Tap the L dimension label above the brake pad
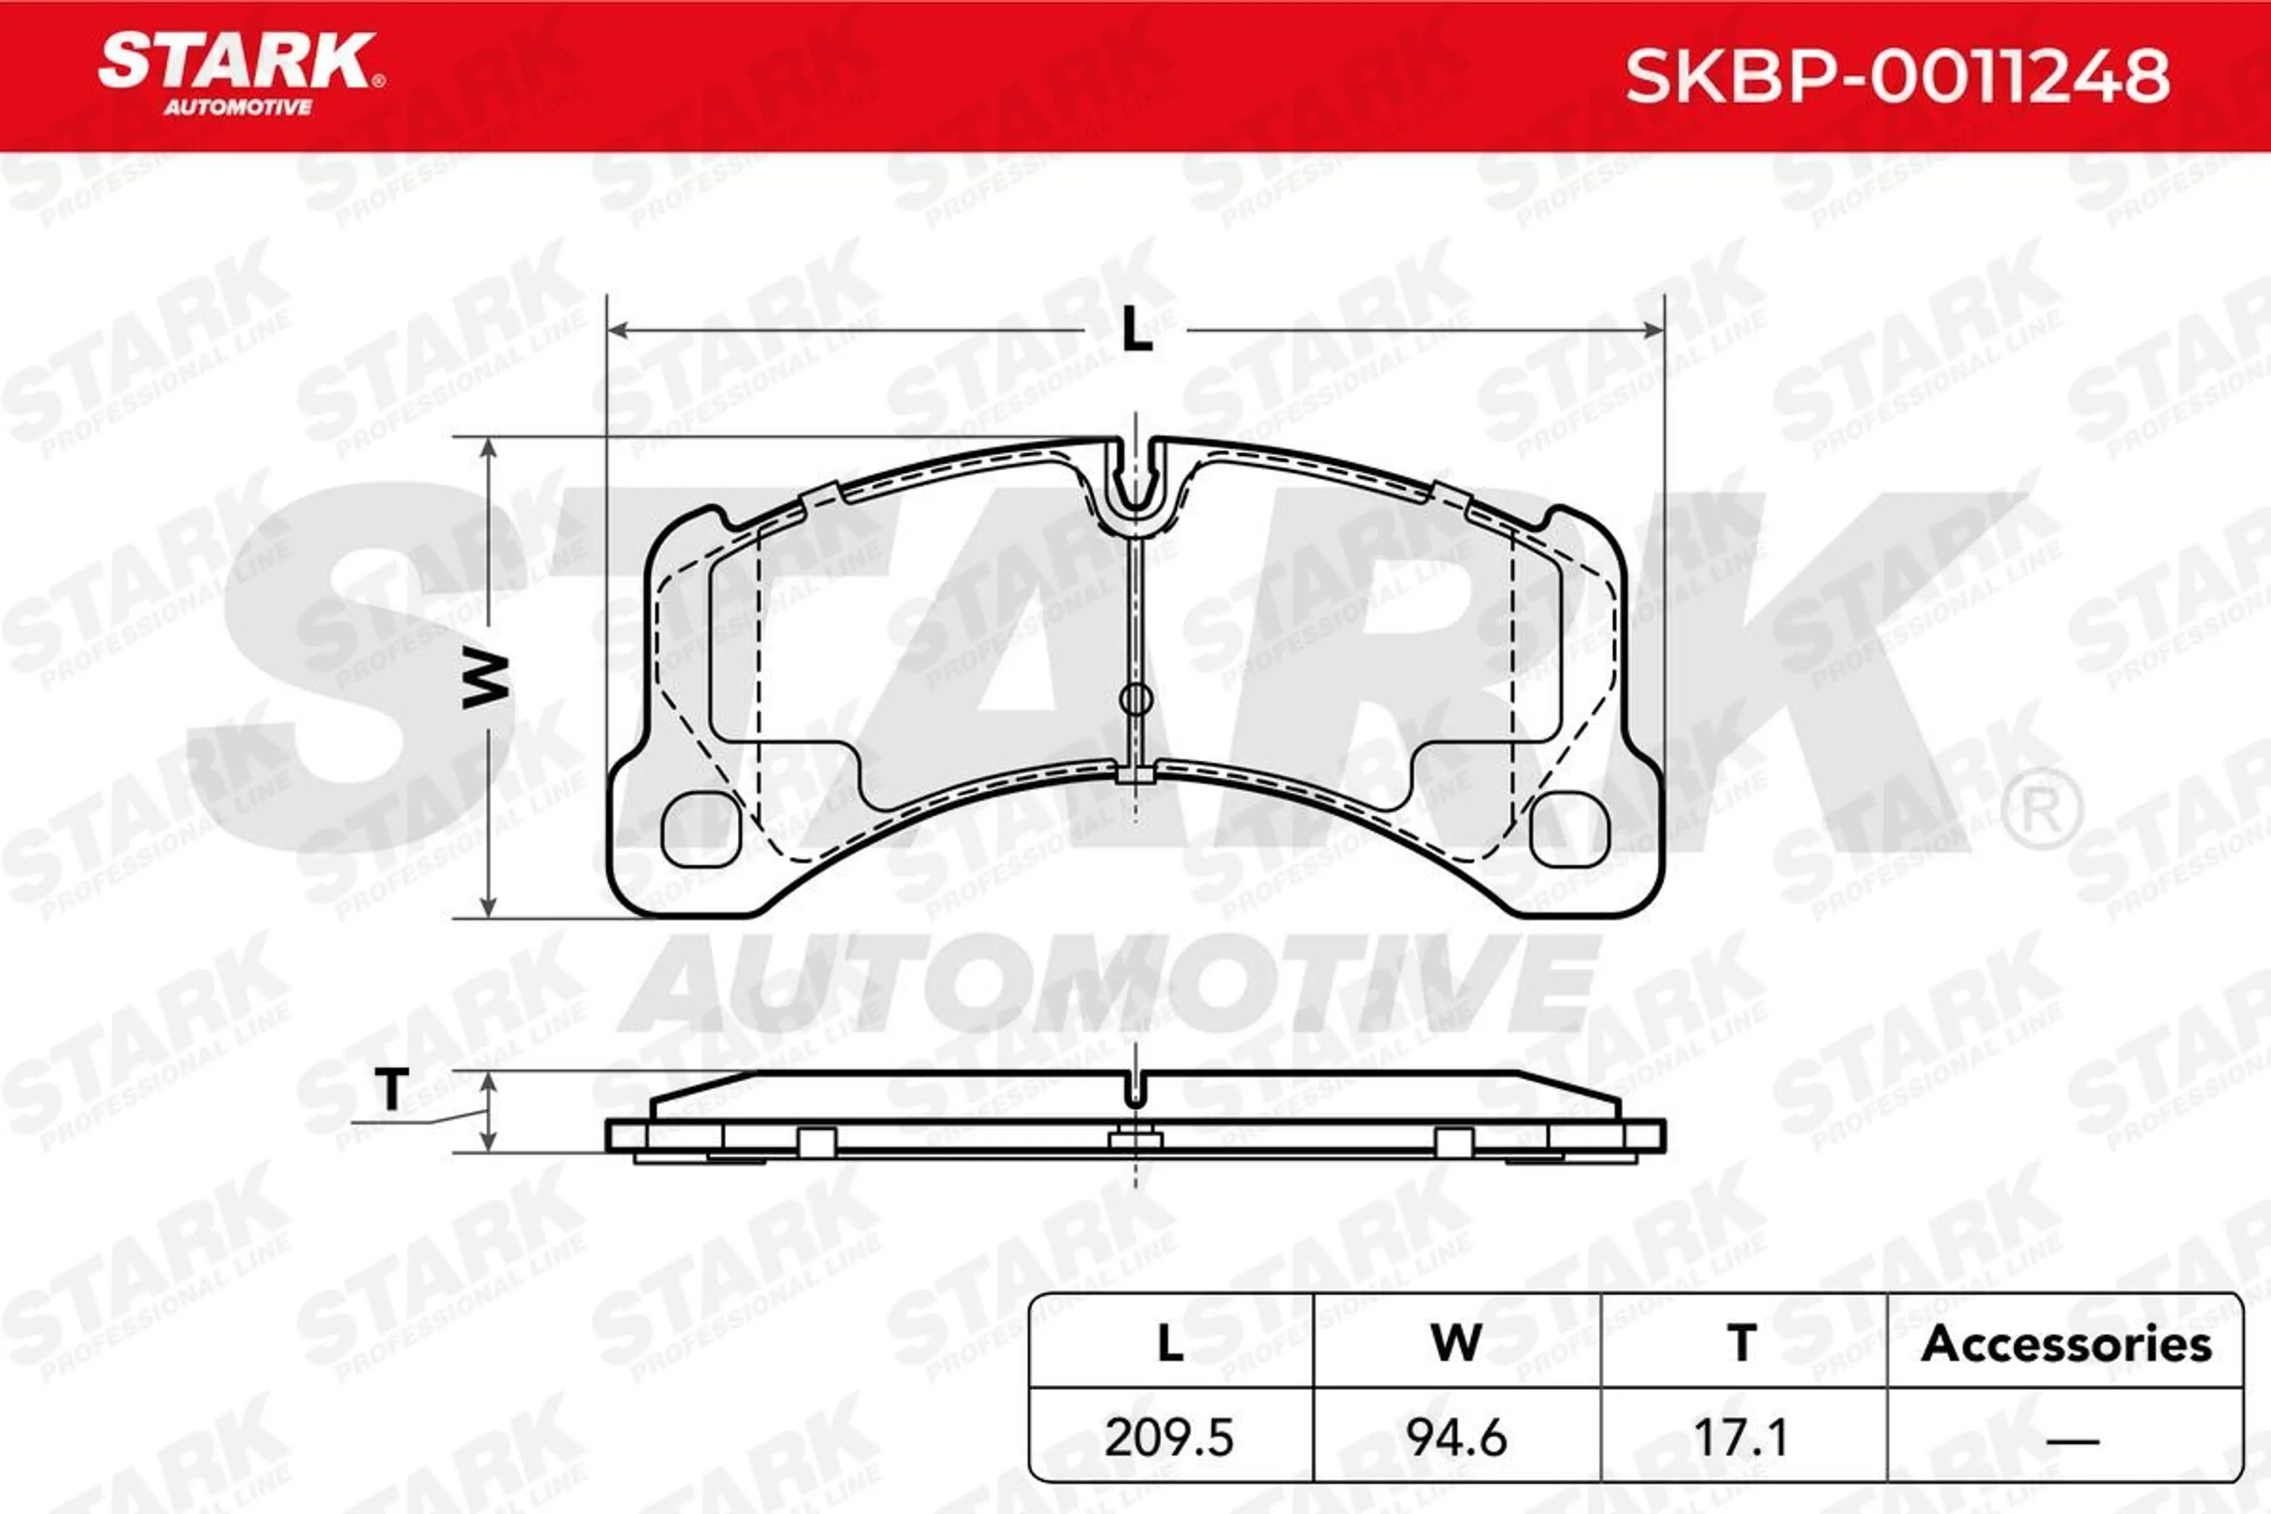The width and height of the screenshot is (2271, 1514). click(1137, 331)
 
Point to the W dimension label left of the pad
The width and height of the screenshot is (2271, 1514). click(486, 679)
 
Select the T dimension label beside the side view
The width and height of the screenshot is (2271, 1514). click(392, 1090)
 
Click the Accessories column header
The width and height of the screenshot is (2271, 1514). click(2066, 1344)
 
